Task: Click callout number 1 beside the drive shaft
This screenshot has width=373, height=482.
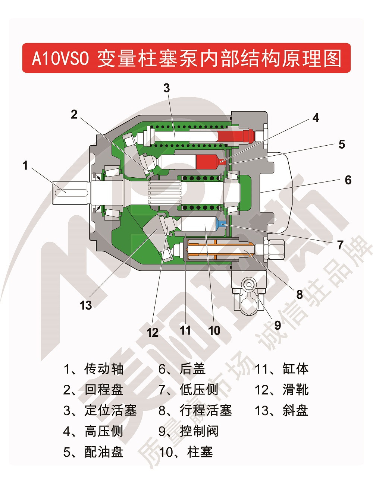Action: point(25,165)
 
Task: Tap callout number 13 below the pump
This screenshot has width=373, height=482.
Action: point(86,305)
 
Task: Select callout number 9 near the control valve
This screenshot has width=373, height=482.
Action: point(278,325)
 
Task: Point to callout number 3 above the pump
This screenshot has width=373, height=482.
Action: point(166,88)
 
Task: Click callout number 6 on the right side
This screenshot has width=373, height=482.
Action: point(348,180)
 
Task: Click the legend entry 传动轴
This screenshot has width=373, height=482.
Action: point(93,369)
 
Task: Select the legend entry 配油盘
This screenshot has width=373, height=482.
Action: point(93,452)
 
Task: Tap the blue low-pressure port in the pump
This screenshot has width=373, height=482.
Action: point(221,224)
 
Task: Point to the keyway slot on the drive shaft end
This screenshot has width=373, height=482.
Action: point(71,192)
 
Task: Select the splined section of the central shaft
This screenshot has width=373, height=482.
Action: point(164,192)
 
